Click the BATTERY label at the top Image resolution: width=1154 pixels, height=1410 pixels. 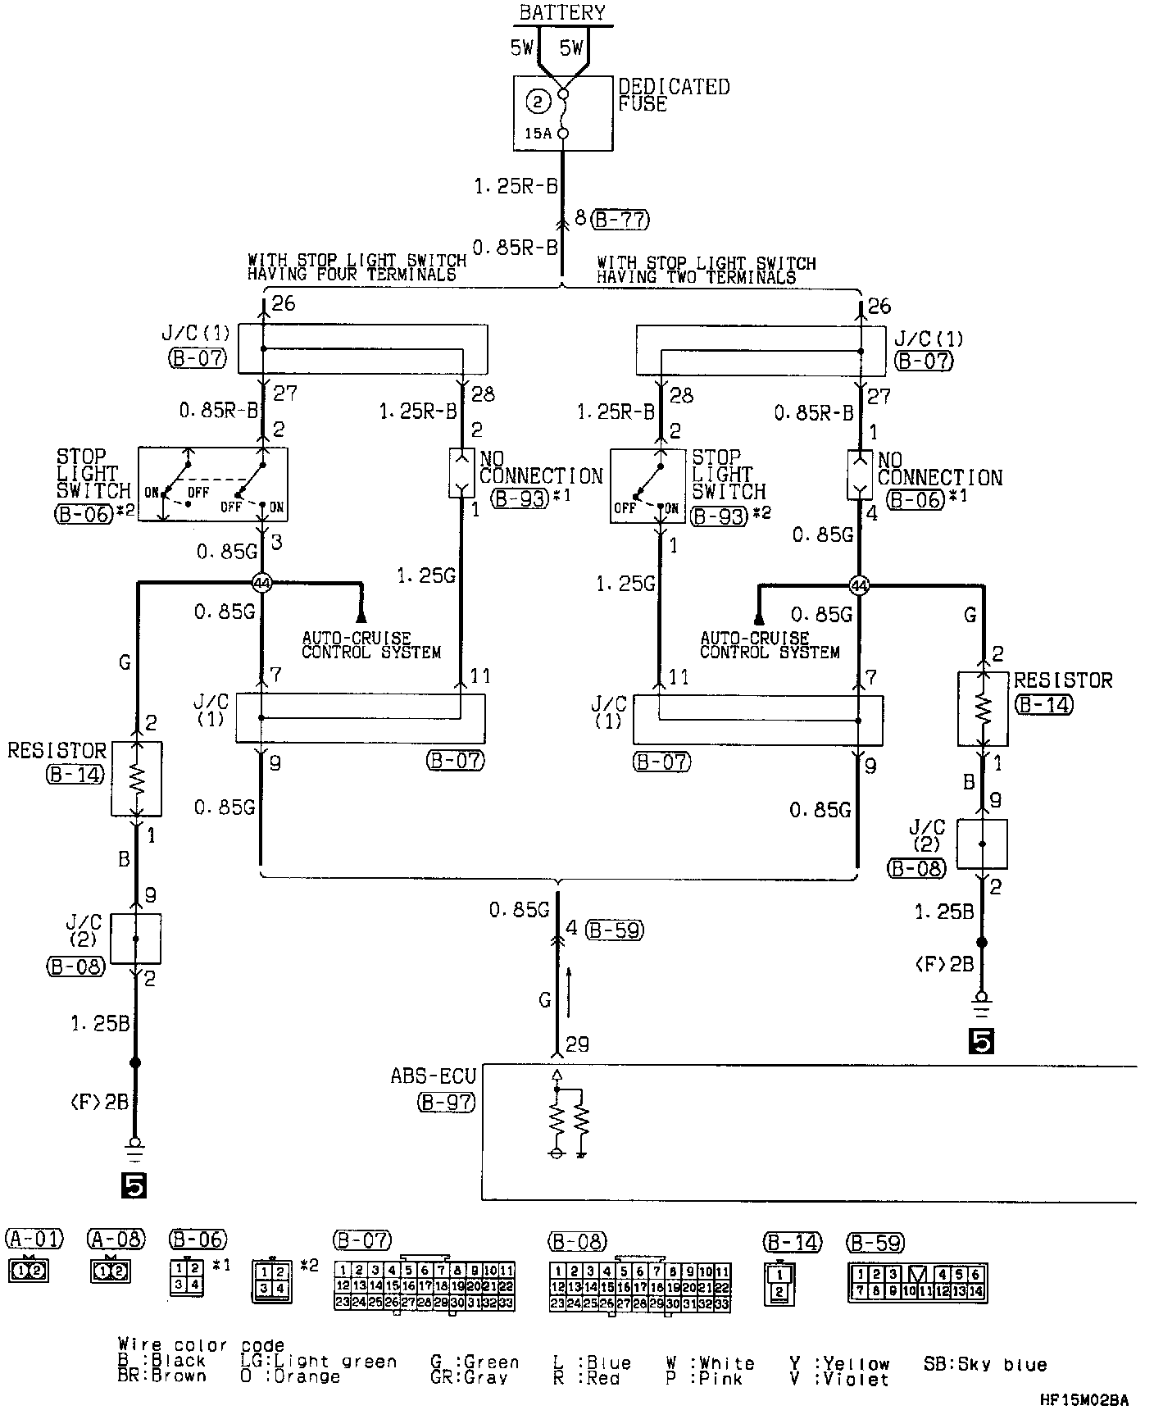[x=562, y=12]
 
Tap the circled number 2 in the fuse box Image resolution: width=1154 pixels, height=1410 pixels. [x=538, y=102]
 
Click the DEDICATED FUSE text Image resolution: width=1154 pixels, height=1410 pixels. [x=673, y=95]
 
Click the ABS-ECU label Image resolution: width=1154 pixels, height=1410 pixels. [x=434, y=1075]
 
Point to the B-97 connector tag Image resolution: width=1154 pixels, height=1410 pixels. [x=446, y=1103]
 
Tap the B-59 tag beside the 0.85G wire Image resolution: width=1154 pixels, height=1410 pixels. [x=615, y=930]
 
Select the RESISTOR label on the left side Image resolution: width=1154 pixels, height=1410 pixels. [x=57, y=751]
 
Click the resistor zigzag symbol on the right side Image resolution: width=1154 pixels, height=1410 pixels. [x=983, y=710]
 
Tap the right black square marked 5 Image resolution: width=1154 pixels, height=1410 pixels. [x=981, y=1041]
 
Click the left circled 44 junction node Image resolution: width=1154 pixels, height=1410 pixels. [x=261, y=583]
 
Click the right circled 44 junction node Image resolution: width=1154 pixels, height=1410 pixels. [x=858, y=585]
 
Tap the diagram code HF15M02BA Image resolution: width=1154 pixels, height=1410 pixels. [x=1083, y=1400]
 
